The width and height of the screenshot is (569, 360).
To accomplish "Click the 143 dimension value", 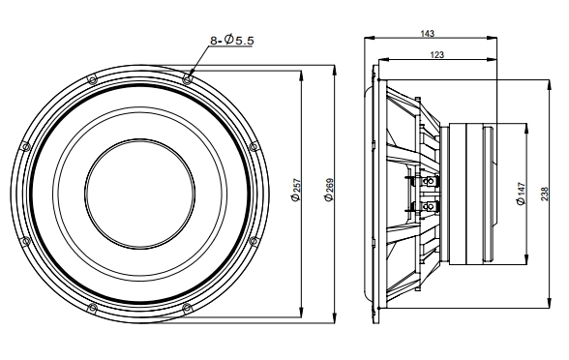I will (427, 33).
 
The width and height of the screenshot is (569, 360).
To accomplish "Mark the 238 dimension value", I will (546, 193).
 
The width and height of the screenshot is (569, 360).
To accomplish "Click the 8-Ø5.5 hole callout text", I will (231, 40).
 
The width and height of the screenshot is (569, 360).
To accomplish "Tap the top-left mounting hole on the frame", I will (91, 77).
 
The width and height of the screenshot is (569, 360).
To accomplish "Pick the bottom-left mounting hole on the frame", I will (91, 309).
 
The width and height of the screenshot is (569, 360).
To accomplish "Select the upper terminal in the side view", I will (427, 180).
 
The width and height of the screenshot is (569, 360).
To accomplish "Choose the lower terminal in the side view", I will (427, 206).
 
